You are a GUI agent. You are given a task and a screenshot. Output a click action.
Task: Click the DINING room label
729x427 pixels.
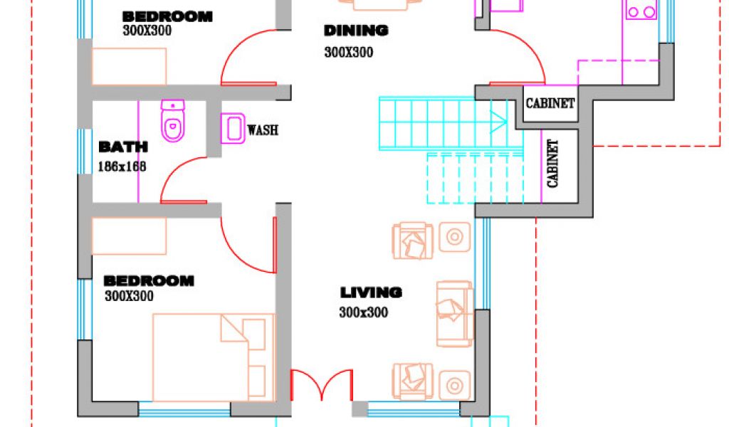(356, 31)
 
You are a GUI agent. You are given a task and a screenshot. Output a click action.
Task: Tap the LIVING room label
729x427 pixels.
(371, 292)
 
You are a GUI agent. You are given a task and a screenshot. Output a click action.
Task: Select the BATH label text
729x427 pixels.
(123, 147)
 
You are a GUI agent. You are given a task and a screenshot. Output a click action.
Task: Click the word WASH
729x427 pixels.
(263, 130)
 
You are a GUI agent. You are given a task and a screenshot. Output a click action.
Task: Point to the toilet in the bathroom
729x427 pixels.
(173, 121)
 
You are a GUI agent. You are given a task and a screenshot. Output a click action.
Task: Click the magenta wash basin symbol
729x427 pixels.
(233, 128)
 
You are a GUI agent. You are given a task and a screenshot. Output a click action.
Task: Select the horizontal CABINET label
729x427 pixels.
(550, 103)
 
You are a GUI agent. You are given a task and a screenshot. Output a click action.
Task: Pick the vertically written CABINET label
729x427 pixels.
(552, 164)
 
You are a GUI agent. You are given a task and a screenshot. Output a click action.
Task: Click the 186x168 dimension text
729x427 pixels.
(122, 167)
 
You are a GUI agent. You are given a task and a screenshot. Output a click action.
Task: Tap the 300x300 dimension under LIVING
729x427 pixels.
(364, 312)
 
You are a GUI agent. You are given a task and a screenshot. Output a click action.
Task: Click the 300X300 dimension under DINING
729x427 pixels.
(349, 52)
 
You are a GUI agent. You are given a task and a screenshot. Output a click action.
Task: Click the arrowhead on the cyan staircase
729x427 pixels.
(499, 122)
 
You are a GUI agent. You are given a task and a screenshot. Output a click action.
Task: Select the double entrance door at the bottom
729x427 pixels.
(322, 385)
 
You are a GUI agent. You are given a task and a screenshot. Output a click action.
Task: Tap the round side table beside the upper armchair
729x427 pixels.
(455, 237)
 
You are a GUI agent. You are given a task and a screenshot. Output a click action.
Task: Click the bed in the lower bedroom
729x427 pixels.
(214, 357)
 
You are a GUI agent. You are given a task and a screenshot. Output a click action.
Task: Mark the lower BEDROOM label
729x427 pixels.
(149, 280)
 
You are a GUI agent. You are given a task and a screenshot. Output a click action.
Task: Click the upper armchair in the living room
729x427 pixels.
(413, 241)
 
